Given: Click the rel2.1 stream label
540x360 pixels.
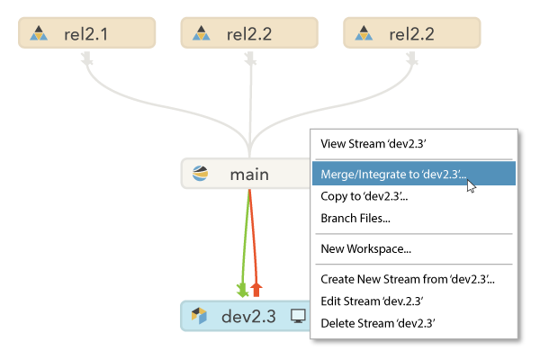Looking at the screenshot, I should click(86, 34).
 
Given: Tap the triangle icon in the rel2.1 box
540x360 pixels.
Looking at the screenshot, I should click(38, 34).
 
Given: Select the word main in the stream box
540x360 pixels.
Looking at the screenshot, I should click(248, 174).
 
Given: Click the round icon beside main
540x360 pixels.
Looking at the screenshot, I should click(200, 174).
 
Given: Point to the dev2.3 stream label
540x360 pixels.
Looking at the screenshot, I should click(248, 317).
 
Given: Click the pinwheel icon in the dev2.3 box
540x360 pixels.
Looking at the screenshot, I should click(200, 317).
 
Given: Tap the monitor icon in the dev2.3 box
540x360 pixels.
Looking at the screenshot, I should click(298, 317).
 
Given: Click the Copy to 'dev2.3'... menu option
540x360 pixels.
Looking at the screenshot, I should click(364, 195).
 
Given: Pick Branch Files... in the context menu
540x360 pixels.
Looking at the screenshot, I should click(355, 218).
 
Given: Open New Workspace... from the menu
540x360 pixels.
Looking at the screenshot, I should click(365, 248).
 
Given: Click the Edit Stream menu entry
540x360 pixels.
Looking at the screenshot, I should click(372, 301).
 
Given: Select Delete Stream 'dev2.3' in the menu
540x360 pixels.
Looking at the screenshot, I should click(378, 322).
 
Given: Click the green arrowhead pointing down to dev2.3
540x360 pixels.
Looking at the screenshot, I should click(241, 290).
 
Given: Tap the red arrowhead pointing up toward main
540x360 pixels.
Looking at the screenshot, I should click(256, 287).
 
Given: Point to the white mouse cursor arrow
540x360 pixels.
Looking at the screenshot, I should click(471, 185).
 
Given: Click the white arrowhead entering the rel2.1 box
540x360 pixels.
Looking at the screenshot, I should click(87, 59).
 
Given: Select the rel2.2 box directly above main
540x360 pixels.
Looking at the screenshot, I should click(249, 34).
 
